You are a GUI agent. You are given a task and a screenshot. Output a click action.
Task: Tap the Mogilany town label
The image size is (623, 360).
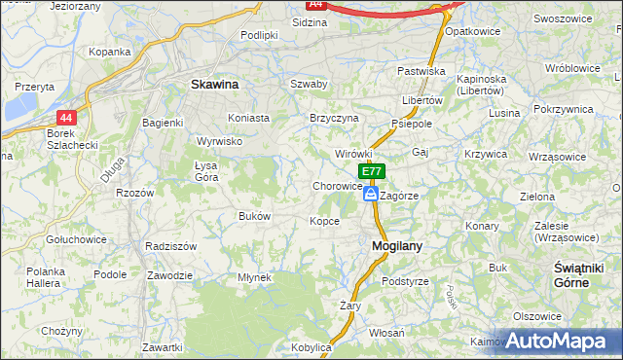click(x=397, y=246)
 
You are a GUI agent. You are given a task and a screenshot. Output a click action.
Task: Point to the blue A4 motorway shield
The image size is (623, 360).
click(x=315, y=4)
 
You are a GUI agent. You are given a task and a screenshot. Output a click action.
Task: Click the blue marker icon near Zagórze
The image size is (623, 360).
click(x=371, y=195)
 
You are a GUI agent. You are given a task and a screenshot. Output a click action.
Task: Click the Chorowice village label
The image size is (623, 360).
click(x=338, y=186)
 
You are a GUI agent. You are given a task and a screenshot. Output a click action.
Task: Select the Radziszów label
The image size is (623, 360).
click(x=170, y=246)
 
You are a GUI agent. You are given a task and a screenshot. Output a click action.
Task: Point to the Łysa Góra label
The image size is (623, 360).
click(x=206, y=170)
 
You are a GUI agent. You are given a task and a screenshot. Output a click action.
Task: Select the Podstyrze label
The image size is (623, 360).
click(x=405, y=281)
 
